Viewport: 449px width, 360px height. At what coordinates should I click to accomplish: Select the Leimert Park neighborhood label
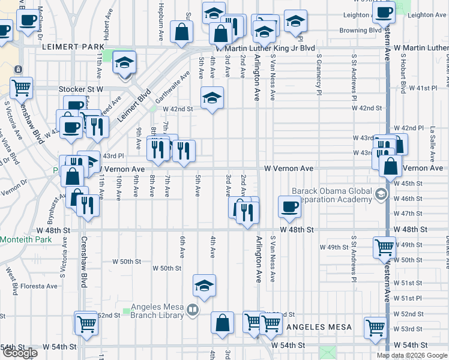65,46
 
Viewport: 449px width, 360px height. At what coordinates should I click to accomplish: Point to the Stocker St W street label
81,89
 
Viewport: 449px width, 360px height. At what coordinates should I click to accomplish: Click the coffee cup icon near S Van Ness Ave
289,208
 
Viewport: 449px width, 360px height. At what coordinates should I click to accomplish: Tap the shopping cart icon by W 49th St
384,247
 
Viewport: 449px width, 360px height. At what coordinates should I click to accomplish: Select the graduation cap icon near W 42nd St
211,98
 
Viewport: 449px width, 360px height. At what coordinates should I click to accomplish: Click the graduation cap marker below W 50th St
204,286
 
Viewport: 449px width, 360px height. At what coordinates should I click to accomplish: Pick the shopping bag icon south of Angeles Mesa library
222,323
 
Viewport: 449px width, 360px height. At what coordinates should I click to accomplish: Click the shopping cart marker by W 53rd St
375,328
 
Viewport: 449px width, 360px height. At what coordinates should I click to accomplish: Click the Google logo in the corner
20,353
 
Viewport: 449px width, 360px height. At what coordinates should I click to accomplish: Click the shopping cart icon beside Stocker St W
22,88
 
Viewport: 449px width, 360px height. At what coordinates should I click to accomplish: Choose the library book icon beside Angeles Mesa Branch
192,310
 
